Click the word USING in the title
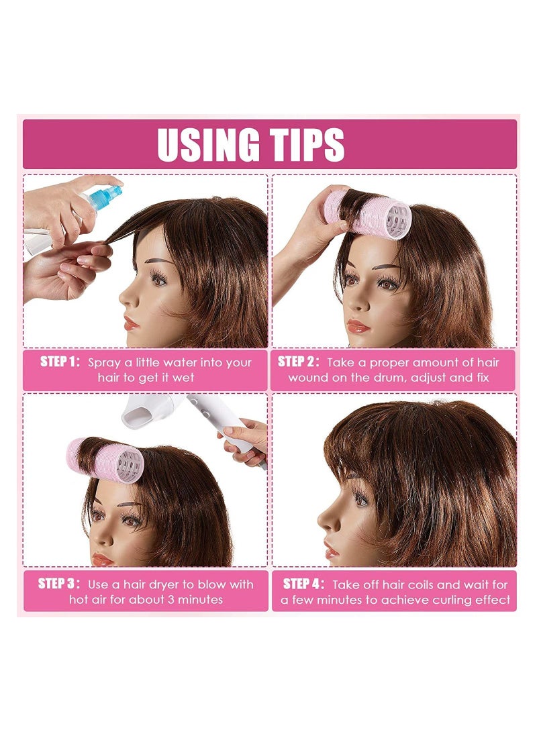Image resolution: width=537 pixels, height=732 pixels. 208,144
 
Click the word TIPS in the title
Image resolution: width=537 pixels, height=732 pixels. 306,144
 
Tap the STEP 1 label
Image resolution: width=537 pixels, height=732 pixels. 60,362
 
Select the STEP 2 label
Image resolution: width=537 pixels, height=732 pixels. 299,362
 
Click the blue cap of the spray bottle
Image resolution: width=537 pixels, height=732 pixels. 105,197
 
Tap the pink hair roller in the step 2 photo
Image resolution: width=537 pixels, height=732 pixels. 369,214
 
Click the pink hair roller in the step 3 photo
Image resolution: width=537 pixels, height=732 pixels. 105,460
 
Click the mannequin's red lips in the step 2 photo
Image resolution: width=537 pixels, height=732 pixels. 358,326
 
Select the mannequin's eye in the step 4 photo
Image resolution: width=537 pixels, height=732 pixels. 360,500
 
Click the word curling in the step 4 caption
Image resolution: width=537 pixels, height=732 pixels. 451,600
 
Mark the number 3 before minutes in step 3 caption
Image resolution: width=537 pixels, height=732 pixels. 171,599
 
